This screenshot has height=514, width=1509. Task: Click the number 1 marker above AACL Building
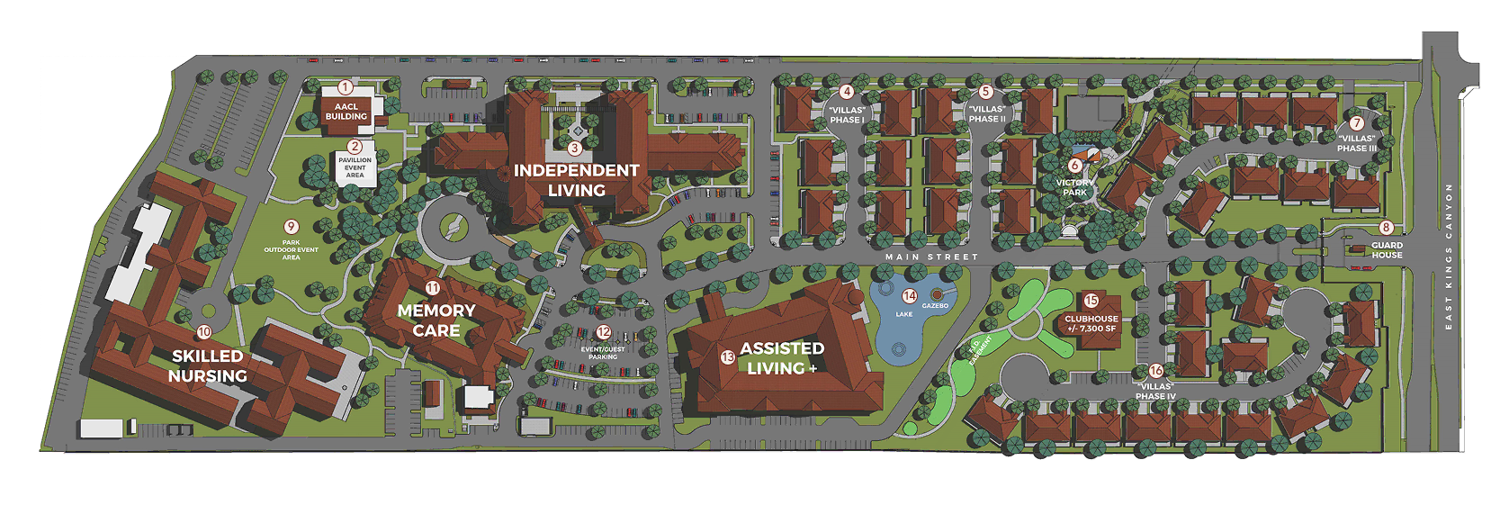tap(346, 87)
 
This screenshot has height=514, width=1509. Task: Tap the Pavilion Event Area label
tap(355, 167)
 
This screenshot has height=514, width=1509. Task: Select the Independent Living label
tap(576, 180)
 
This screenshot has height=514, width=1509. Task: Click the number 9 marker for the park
tap(291, 227)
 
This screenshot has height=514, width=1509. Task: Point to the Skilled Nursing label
tap(207, 365)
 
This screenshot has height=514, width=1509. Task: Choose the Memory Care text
tap(436, 320)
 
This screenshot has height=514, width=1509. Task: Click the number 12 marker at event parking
tap(604, 333)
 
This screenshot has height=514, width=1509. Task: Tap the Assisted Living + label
tap(782, 358)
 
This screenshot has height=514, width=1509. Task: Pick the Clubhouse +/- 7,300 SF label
tap(1091, 323)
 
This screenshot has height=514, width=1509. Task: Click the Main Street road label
tap(930, 257)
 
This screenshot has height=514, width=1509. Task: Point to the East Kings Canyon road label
tap(1449, 257)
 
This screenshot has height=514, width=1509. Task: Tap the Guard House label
tap(1387, 249)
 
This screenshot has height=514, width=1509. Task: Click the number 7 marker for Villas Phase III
tap(1357, 123)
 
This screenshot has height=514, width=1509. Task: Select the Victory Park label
tap(1074, 187)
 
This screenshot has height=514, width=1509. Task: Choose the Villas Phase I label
tap(847, 114)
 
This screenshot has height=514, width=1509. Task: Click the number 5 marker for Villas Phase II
tap(985, 92)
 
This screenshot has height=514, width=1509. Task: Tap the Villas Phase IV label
tap(1155, 391)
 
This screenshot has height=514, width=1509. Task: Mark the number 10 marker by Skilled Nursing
tap(204, 332)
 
